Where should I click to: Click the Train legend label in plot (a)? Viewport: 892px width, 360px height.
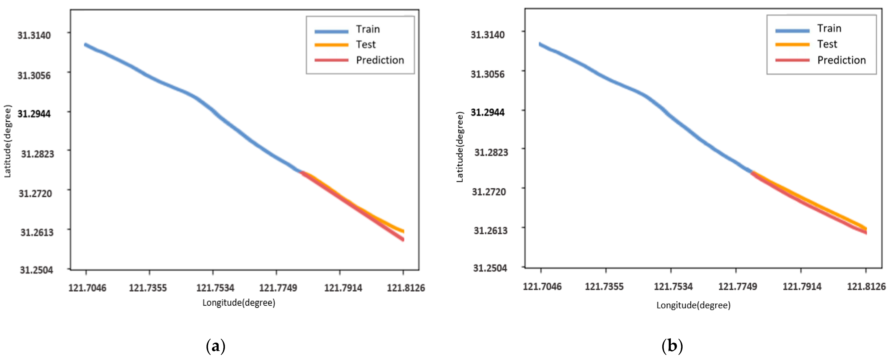(x=368, y=29)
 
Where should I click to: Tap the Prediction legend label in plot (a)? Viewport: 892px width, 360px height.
(x=380, y=60)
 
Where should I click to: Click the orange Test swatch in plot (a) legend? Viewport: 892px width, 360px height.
(x=331, y=45)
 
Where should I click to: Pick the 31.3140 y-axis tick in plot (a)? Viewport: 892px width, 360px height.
(x=34, y=35)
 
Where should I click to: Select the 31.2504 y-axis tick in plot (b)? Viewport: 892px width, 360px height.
(x=490, y=268)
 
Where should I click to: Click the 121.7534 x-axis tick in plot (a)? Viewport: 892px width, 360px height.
(x=215, y=288)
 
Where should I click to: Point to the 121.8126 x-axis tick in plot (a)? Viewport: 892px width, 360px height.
(x=405, y=288)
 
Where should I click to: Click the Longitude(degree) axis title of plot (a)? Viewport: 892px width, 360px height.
(x=239, y=303)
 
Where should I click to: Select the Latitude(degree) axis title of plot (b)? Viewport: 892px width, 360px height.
(x=460, y=147)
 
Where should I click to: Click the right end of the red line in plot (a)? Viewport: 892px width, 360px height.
(x=403, y=239)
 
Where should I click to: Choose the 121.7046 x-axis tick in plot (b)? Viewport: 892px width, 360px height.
(x=542, y=287)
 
